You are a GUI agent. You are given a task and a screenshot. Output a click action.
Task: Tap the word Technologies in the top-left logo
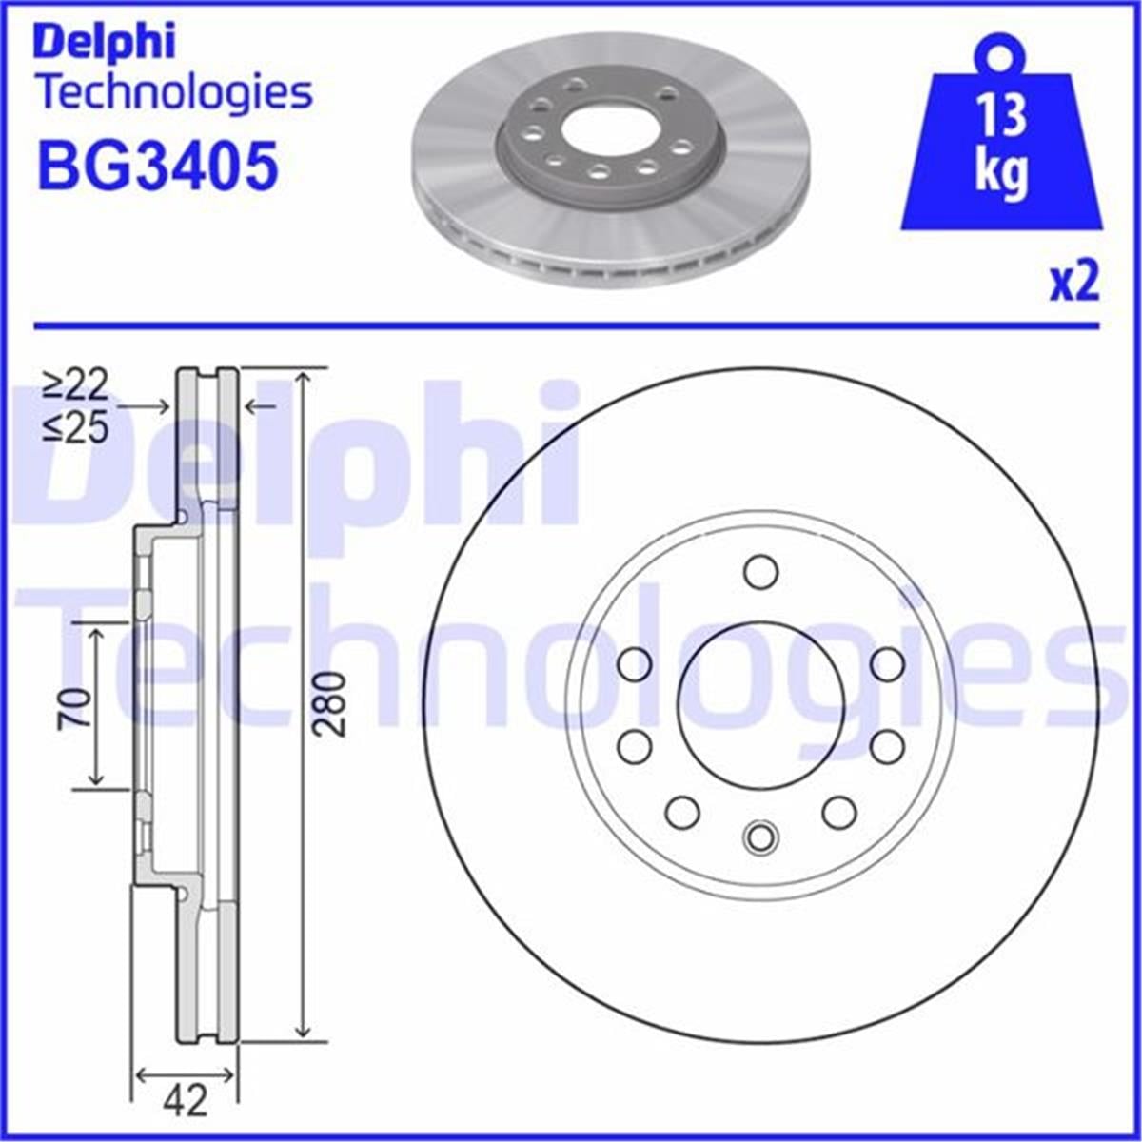point(174,92)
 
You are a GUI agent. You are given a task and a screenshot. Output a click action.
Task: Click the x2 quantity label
point(1074,283)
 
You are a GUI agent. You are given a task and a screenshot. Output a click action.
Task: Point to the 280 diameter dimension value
point(329,703)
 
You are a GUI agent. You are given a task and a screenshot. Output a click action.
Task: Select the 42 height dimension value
point(185,1102)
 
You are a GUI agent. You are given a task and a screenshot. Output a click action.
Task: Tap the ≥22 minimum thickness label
point(76,385)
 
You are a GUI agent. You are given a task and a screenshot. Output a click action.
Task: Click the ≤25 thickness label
point(76,429)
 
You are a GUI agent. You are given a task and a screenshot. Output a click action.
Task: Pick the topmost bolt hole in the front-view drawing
point(760,572)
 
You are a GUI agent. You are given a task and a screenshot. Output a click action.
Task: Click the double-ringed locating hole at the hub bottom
point(760,837)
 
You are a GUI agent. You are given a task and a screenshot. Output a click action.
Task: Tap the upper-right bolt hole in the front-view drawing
point(886,664)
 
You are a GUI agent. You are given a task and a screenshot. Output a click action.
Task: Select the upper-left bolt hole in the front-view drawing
point(634,664)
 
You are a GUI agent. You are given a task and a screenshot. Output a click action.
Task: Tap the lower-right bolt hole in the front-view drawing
point(838,812)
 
